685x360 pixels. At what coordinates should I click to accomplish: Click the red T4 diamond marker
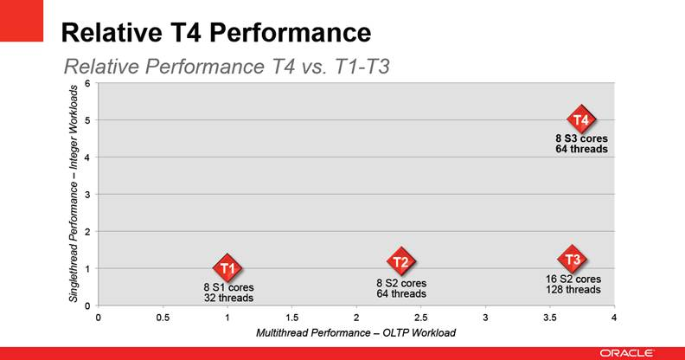[x=581, y=119]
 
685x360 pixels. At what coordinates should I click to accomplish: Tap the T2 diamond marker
[x=400, y=261]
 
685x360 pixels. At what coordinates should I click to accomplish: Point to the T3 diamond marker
[x=572, y=259]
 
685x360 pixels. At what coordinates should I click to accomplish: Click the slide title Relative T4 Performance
[x=215, y=33]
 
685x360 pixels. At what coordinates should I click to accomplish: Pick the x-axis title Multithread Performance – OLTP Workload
[x=355, y=332]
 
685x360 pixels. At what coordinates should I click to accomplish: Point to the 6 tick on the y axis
[x=87, y=83]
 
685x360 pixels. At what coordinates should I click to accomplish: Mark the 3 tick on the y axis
[x=87, y=194]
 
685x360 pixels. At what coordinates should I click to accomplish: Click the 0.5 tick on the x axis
[x=163, y=317]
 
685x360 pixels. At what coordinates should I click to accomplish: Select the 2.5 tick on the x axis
[x=420, y=317]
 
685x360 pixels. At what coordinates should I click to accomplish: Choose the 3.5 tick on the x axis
[x=549, y=317]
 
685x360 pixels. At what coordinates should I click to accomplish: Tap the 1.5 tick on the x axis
[x=291, y=317]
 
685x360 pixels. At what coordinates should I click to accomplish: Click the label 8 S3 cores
[x=582, y=138]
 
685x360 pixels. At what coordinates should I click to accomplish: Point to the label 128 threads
[x=573, y=290]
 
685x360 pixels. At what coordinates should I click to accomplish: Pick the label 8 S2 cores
[x=401, y=283]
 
